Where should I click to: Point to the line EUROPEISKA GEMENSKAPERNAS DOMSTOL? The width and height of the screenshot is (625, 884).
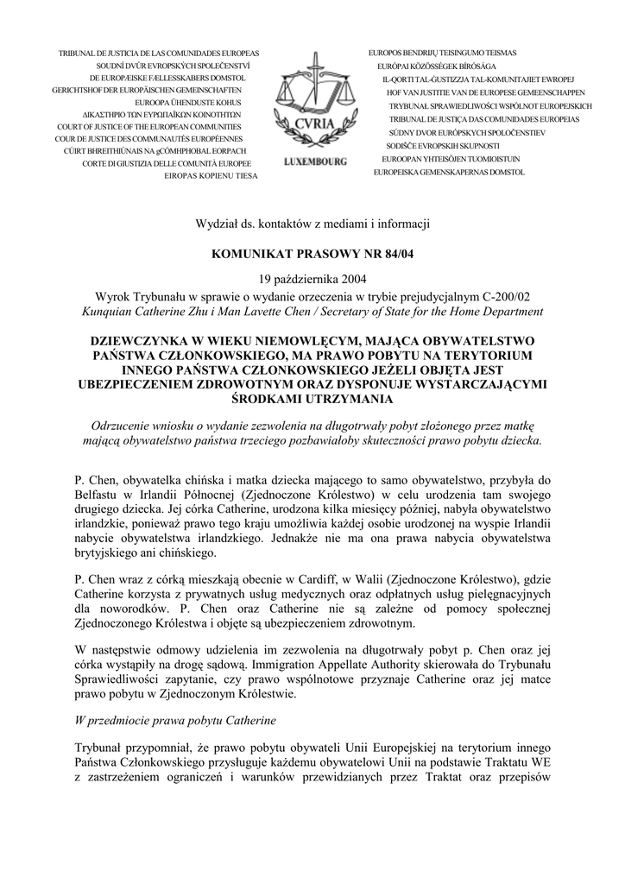[x=448, y=173]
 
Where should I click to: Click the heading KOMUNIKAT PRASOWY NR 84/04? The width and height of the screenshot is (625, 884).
[x=312, y=255]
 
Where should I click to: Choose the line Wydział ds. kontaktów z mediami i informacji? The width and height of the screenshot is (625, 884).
[x=312, y=225]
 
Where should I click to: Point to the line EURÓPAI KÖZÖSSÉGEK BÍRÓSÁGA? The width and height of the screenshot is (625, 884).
[x=436, y=66]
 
